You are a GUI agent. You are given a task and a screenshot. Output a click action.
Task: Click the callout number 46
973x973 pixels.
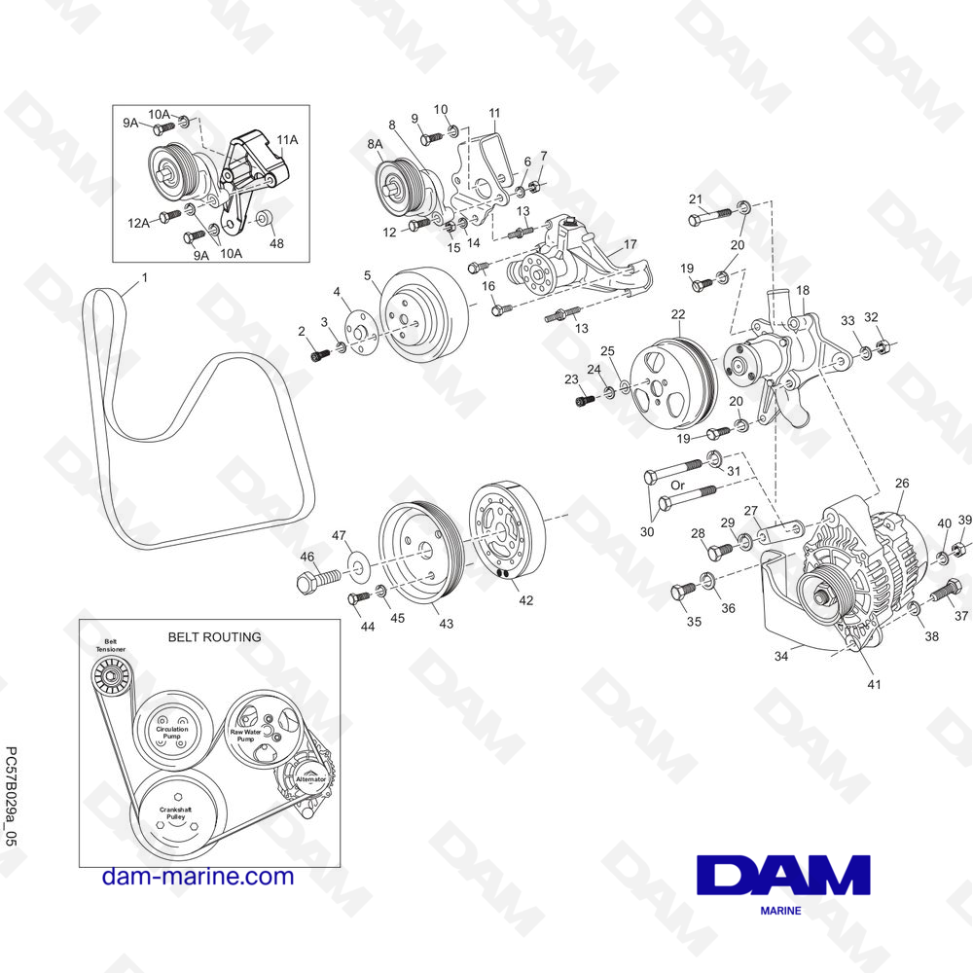click(307, 556)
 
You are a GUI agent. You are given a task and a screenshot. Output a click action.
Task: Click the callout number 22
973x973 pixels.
click(677, 314)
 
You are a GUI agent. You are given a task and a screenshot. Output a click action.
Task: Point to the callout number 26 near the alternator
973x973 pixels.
click(902, 483)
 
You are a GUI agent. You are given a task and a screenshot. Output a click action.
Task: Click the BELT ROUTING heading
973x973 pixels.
click(215, 636)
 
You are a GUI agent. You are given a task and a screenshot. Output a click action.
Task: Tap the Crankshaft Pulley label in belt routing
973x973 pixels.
click(175, 813)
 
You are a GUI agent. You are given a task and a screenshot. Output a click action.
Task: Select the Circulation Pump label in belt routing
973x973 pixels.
click(172, 733)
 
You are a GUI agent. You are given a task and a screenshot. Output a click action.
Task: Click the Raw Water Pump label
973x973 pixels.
click(246, 736)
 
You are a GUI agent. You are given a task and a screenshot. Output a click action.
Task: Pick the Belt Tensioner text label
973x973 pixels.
click(111, 645)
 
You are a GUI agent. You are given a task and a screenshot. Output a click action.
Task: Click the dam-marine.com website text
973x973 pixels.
click(198, 877)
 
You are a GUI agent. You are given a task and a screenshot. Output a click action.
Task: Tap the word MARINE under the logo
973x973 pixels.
click(780, 911)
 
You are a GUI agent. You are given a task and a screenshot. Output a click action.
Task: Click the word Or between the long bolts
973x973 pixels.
click(677, 485)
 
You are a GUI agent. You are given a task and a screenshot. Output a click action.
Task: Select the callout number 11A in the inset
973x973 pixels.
click(287, 139)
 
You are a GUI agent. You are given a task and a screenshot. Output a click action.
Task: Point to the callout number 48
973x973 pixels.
click(276, 243)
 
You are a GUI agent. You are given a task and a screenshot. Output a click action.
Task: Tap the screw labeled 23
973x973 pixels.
click(587, 401)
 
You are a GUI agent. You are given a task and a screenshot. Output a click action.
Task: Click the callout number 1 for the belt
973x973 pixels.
click(145, 277)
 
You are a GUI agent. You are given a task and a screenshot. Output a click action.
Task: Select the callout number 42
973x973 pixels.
click(525, 600)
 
